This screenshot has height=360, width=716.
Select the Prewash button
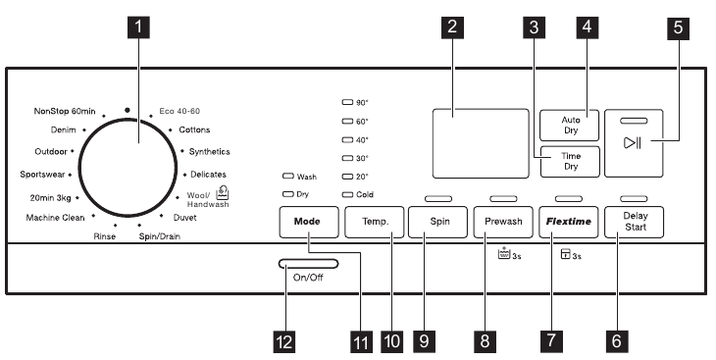(502, 222)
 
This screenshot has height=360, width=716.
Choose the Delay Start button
(634, 222)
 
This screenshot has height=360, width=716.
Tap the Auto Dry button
(570, 125)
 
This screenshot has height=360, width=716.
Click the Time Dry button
(570, 161)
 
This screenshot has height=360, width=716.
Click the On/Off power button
(307, 265)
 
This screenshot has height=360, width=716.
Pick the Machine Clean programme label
(57, 217)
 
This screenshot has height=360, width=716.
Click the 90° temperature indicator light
(346, 102)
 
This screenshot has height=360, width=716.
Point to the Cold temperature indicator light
(346, 195)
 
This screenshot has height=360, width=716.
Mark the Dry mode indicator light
(287, 195)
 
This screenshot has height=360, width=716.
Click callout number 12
(284, 340)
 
